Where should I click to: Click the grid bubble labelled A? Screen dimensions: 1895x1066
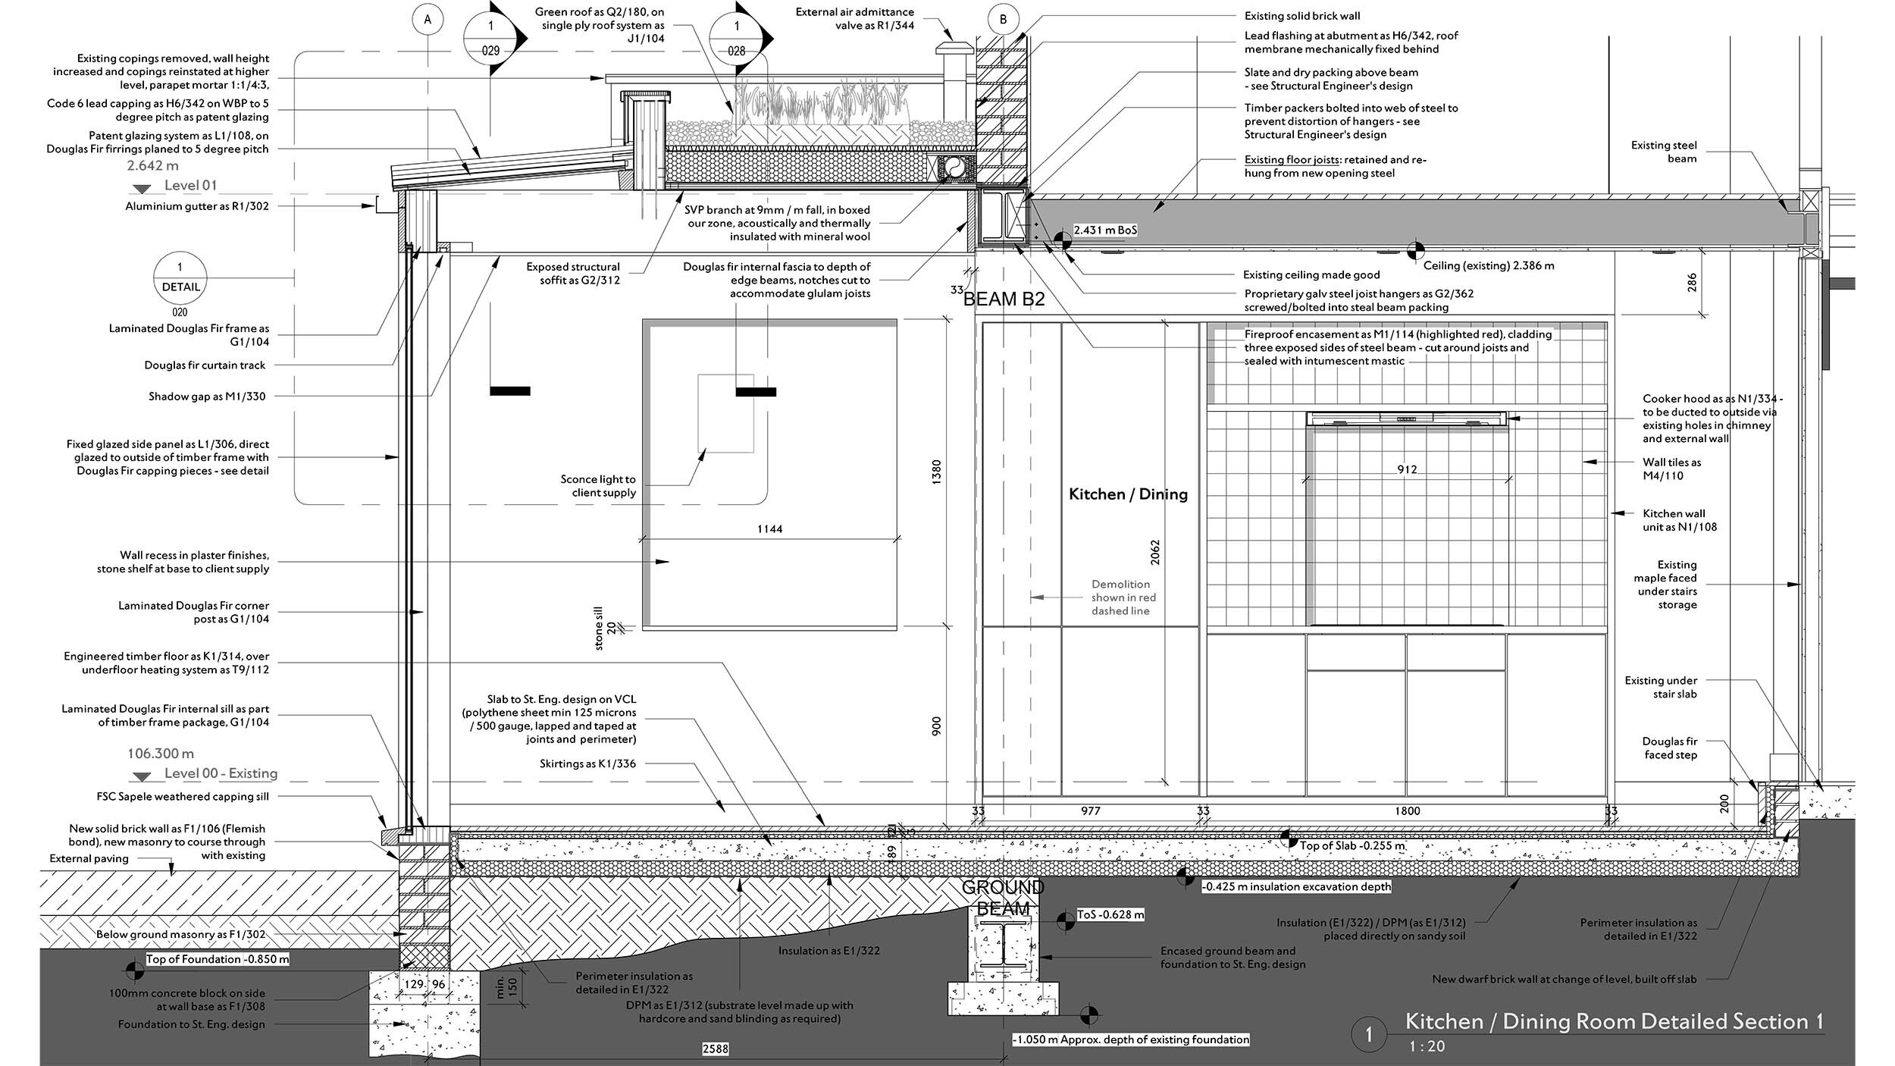coord(428,20)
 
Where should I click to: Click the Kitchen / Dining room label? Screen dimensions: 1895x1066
coord(1128,494)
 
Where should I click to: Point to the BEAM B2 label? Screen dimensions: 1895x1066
coord(1004,299)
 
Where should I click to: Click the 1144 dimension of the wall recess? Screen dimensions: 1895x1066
coord(769,529)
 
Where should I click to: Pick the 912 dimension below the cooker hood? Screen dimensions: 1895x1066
coord(1407,469)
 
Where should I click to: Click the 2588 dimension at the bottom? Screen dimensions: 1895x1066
coord(716,1049)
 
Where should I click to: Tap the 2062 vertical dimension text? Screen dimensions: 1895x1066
coord(1155,552)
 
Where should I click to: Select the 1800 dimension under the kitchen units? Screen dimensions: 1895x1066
coord(1407,811)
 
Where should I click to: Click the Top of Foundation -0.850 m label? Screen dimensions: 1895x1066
coord(218,959)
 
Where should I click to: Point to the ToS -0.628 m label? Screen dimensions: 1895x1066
coord(1110,915)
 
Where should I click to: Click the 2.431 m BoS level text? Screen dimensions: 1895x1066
coord(1105,230)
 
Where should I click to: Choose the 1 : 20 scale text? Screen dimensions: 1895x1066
coord(1427,1046)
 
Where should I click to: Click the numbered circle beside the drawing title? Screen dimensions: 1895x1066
coord(1368,1035)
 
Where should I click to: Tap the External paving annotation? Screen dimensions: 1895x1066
coord(89,859)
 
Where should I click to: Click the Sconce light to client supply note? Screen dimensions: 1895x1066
coord(598,486)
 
